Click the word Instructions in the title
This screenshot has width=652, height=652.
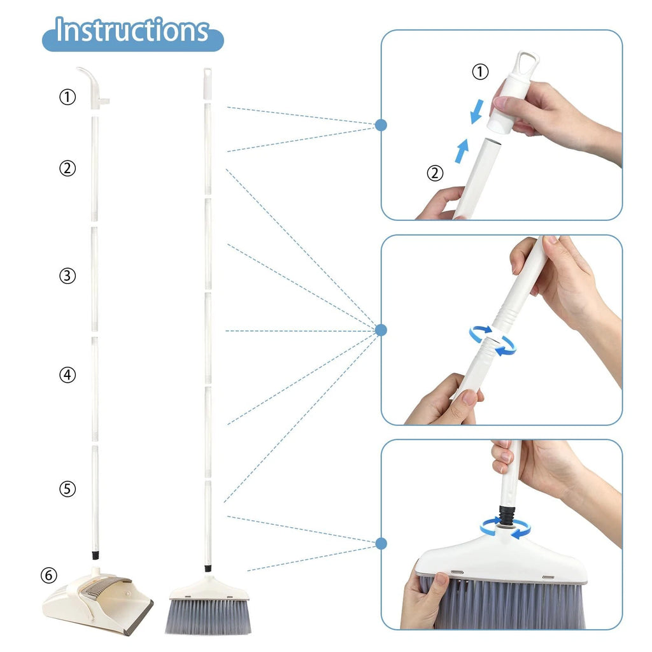[132, 30]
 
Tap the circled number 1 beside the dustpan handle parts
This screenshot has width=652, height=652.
[67, 97]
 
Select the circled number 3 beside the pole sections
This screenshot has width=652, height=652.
[67, 276]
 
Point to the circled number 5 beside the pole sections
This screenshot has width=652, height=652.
[67, 488]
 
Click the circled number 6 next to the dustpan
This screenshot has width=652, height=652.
[48, 576]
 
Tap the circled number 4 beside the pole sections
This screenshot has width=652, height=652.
[67, 374]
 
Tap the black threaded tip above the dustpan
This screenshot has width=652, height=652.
[96, 555]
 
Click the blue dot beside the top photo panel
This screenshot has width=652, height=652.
[381, 125]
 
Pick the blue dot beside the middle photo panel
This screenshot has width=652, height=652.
[381, 330]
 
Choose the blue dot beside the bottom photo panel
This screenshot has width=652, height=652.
[381, 544]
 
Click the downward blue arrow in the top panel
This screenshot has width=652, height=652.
[476, 111]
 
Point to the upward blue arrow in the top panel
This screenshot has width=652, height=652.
[462, 150]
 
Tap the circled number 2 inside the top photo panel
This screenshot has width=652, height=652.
[435, 173]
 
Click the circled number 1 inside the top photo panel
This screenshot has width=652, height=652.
[480, 71]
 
